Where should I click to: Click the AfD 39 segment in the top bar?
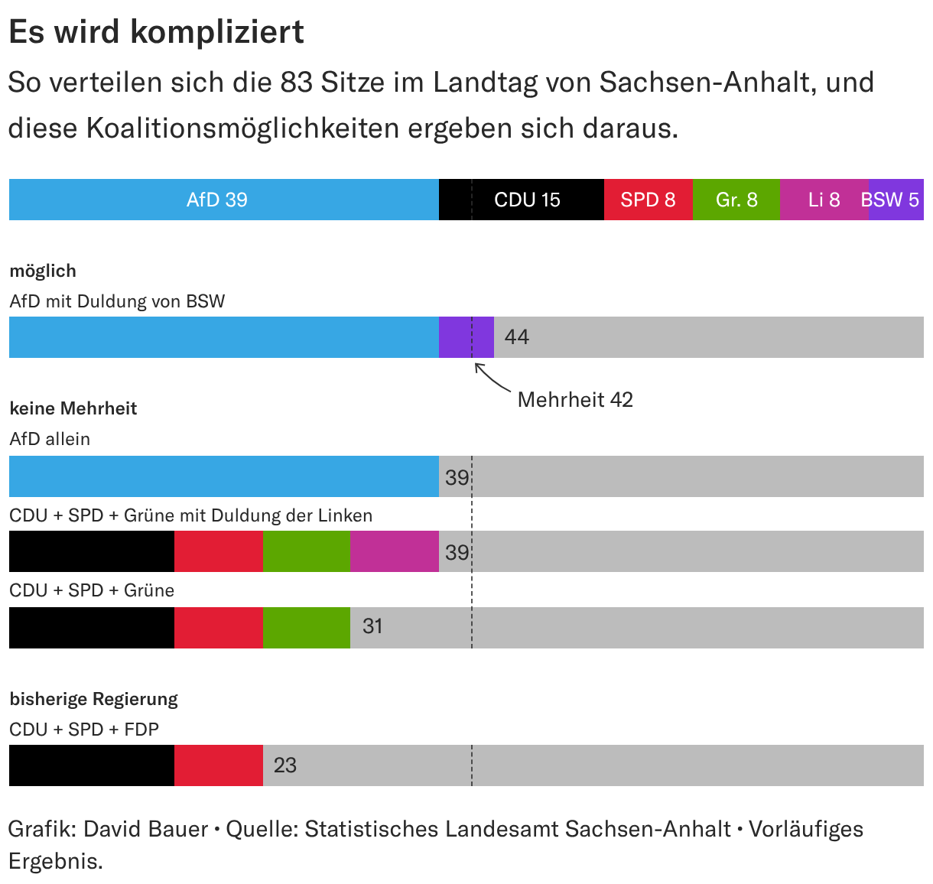224,200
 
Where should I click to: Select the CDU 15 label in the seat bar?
527,200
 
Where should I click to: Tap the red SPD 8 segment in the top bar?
649,200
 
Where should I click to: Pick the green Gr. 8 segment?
736,200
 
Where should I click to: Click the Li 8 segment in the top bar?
824,200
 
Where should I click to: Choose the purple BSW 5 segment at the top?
896,200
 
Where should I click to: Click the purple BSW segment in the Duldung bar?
466,337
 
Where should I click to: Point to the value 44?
517,337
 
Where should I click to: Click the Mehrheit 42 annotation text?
575,399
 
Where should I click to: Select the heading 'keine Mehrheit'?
73,408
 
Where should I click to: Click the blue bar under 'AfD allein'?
224,476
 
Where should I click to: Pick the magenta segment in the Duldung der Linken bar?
395,551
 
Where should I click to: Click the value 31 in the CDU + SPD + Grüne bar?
372,626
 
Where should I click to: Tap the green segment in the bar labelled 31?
307,628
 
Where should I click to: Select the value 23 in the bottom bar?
285,765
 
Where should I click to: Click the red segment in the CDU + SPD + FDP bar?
219,765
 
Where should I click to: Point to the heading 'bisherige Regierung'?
93,700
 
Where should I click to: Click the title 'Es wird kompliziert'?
157,32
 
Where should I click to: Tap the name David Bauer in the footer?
146,830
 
